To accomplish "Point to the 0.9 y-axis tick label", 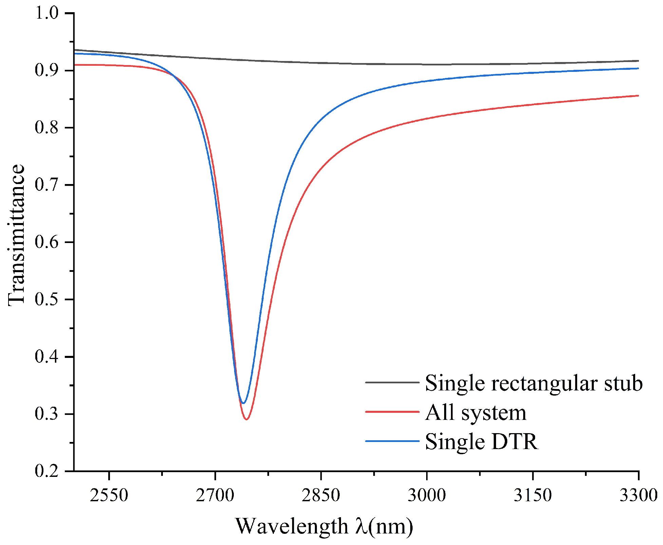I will click(46, 70).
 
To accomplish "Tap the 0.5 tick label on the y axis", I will click(46, 299).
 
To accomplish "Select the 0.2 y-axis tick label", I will click(46, 471).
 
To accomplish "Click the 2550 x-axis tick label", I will click(109, 495).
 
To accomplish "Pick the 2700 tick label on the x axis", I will click(215, 495).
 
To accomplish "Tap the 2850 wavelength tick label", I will click(321, 495).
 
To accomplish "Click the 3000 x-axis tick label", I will click(427, 495).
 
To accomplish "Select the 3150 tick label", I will click(532, 495).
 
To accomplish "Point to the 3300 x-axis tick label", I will click(638, 495).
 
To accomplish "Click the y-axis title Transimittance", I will click(16, 235).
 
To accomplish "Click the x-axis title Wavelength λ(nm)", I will click(324, 526).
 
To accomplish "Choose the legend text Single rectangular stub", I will click(533, 383).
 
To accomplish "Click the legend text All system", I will click(475, 412).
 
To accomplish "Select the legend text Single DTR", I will click(481, 442).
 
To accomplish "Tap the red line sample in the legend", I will click(392, 412).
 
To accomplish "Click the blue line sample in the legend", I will click(392, 441).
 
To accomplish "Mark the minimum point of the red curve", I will click(246, 419).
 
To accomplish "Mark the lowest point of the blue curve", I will click(243, 403).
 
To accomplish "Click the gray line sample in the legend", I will click(392, 382).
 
